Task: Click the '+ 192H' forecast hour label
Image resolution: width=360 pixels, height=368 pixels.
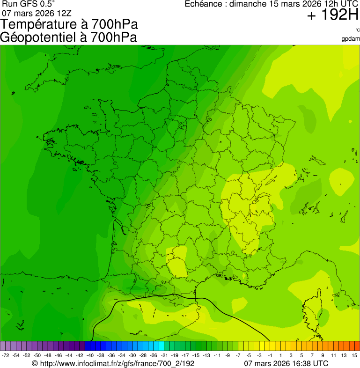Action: (333, 15)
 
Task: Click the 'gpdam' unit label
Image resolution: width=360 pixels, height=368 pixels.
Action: (351, 39)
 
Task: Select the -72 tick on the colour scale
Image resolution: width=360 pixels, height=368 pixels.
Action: (6, 355)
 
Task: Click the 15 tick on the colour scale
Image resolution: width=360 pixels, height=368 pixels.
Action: (354, 355)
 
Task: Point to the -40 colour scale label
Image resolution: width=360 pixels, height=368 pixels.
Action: (90, 355)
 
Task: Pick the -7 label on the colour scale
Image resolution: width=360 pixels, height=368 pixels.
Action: (238, 355)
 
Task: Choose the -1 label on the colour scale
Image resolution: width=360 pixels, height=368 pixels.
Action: (270, 355)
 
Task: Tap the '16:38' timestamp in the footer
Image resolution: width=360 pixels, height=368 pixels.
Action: (298, 363)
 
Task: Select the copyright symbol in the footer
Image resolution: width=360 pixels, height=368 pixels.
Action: (34, 363)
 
